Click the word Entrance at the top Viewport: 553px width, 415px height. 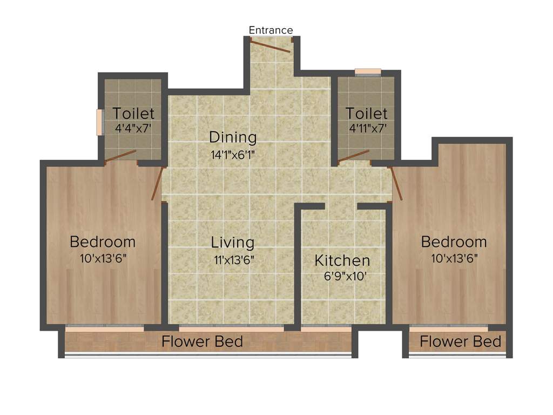click(271, 30)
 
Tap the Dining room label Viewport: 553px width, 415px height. click(233, 137)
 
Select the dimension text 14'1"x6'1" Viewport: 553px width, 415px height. click(233, 155)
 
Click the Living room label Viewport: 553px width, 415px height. click(233, 242)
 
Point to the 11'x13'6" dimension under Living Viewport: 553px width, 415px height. click(233, 259)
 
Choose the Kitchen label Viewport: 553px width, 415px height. click(342, 260)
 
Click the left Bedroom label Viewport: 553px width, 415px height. click(103, 241)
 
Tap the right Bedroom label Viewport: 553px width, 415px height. click(454, 242)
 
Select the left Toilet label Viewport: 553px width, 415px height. click(133, 113)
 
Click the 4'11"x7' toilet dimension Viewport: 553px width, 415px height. click(367, 129)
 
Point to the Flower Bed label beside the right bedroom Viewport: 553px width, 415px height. click(460, 342)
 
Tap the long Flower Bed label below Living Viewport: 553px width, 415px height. click(203, 342)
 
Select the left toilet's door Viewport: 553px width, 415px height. click(120, 156)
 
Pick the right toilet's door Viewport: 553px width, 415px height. click(354, 156)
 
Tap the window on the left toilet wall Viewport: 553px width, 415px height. click(99, 123)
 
